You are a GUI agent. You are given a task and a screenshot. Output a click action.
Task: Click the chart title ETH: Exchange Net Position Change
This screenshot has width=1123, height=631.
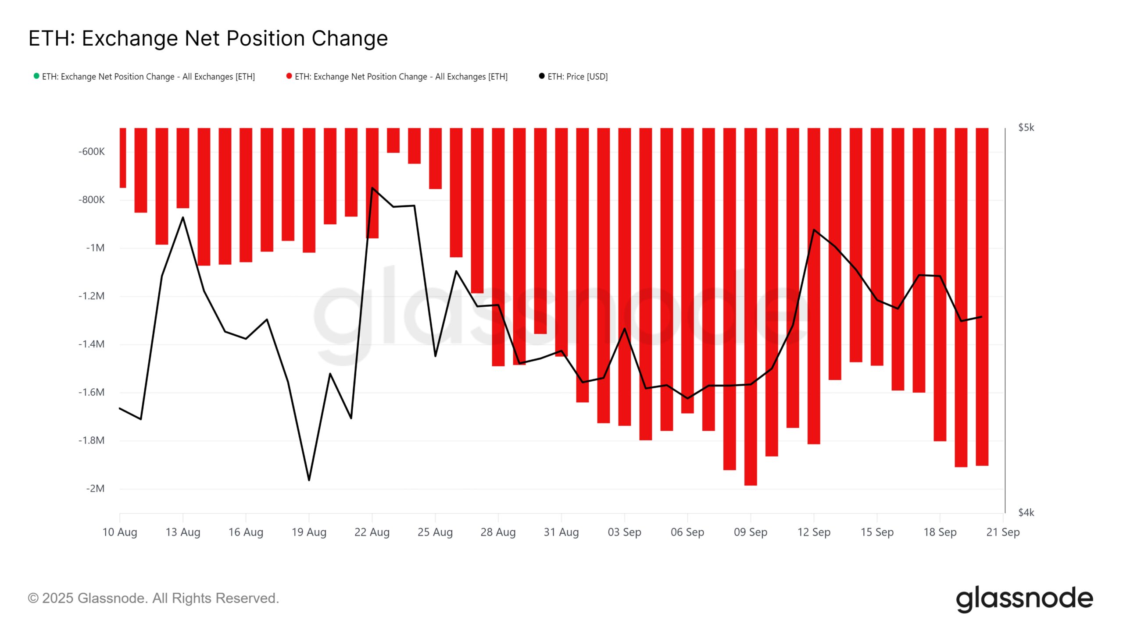click(208, 39)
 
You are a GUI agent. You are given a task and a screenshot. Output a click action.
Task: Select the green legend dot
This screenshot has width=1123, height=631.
click(36, 76)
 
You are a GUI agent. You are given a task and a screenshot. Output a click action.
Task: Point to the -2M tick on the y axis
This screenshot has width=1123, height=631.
click(95, 489)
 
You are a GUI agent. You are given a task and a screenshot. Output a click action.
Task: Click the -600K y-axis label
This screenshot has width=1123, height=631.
click(91, 152)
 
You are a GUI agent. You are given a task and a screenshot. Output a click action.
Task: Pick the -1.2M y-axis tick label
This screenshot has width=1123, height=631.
click(91, 296)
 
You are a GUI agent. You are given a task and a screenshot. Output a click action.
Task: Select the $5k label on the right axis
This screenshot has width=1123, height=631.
click(1026, 128)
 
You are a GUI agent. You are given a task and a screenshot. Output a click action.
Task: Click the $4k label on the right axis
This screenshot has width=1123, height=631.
click(1026, 512)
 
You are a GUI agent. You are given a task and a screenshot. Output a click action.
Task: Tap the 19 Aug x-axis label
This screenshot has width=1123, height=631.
click(309, 532)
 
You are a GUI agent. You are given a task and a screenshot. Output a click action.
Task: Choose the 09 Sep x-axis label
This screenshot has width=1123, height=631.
click(750, 532)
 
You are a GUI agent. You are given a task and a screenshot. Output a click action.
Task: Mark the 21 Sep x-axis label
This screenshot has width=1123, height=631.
click(1003, 532)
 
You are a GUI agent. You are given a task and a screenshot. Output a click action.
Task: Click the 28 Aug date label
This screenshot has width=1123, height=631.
click(498, 532)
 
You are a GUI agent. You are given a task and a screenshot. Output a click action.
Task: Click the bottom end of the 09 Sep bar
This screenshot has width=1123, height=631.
click(751, 484)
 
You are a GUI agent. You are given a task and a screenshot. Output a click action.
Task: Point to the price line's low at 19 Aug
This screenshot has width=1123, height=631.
click(309, 480)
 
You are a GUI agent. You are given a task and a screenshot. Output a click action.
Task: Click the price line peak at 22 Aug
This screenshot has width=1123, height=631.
click(372, 188)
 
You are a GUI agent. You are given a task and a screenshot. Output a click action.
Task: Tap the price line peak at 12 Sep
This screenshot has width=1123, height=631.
click(814, 230)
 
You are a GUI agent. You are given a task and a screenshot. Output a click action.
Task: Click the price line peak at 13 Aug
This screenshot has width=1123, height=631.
click(183, 217)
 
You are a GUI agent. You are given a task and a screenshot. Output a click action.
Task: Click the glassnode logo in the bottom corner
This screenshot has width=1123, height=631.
click(1024, 599)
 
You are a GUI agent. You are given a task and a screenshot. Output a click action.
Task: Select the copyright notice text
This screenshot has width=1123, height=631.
click(154, 598)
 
